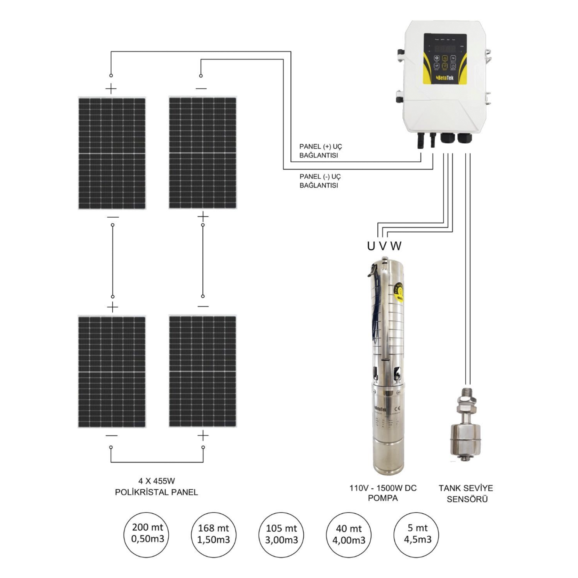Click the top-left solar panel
click(x=112, y=153)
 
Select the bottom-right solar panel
click(x=202, y=371)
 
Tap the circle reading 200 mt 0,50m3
click(x=146, y=534)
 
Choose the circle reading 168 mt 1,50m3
click(x=214, y=534)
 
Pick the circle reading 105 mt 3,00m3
click(x=281, y=534)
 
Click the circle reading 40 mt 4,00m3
click(x=348, y=534)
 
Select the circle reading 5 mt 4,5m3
click(x=416, y=534)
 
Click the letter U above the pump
click(x=371, y=246)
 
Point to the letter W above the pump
click(x=396, y=246)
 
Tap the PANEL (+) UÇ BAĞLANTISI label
click(x=320, y=151)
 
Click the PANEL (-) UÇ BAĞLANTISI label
click(x=320, y=181)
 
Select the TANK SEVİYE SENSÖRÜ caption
click(x=466, y=493)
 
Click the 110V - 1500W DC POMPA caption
click(x=383, y=493)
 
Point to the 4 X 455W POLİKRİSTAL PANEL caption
click(x=156, y=487)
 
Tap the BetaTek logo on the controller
click(x=444, y=78)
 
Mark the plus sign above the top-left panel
click(x=111, y=89)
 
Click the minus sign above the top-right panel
click(x=201, y=89)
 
